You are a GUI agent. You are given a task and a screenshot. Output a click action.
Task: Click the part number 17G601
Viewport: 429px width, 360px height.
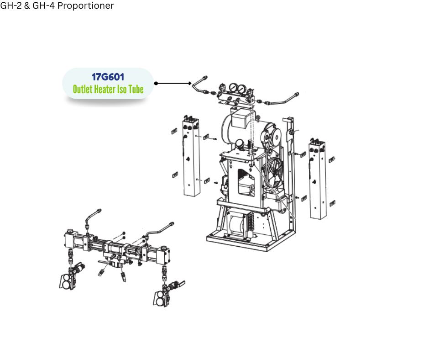[108, 77]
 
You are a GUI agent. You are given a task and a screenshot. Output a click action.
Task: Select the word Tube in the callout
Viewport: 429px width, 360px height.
[136, 90]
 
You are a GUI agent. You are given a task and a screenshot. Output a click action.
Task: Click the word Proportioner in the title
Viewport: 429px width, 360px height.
[86, 5]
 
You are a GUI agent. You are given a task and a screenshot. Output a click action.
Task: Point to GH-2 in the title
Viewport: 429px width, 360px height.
[10, 5]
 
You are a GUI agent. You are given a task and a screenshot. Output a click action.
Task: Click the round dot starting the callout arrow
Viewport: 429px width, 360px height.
[156, 83]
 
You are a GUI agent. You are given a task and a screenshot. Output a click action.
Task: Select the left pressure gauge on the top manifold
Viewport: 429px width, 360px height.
[233, 88]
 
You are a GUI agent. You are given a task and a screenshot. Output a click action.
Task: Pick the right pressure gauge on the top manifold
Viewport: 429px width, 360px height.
[241, 89]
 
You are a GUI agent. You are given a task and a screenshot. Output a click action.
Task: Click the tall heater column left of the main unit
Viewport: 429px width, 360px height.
[191, 156]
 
